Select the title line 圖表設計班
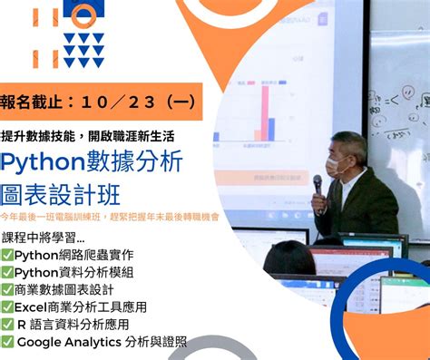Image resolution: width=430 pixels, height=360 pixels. pyautogui.click(x=61, y=194)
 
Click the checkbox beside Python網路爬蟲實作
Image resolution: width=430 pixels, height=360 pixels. pyautogui.click(x=7, y=253)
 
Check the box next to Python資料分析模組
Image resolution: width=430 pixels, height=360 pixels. pyautogui.click(x=7, y=271)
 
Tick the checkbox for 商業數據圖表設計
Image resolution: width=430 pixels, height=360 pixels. pyautogui.click(x=7, y=288)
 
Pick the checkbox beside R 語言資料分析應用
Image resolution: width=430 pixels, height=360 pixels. pyautogui.click(x=7, y=324)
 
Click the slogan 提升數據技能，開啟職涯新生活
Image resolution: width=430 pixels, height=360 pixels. pyautogui.click(x=89, y=136)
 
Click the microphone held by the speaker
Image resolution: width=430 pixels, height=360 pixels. pyautogui.click(x=318, y=186)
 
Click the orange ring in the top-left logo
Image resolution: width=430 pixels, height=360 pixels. pyautogui.click(x=83, y=14)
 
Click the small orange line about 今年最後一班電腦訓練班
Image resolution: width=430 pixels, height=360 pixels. pyautogui.click(x=109, y=218)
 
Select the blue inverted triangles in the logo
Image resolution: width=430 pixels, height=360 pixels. pyautogui.click(x=83, y=51)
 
